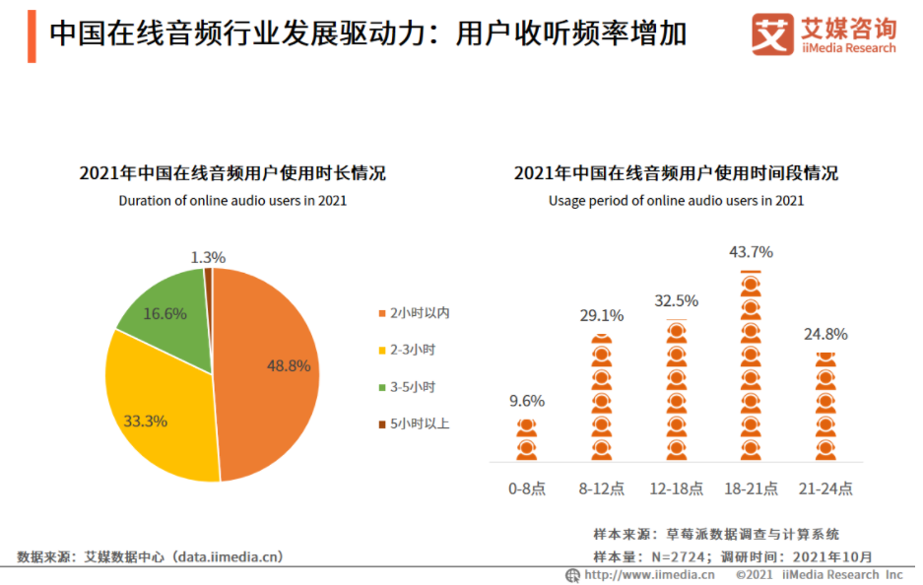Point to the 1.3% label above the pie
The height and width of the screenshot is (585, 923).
pos(208,257)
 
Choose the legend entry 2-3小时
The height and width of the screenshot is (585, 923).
pos(412,350)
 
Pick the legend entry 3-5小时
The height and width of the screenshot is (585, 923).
pos(412,387)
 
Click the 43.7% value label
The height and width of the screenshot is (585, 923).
pos(751,252)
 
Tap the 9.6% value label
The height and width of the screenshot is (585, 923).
pos(526,401)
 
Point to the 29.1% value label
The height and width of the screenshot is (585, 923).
pos(601,315)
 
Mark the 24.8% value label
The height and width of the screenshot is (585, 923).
pos(825,334)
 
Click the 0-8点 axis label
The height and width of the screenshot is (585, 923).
pos(526,488)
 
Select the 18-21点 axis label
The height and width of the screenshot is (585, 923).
pos(751,488)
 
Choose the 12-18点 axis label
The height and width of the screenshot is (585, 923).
pos(676,488)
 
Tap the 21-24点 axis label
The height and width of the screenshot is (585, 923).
pos(825,488)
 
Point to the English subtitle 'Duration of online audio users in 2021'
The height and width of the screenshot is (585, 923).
pos(232,201)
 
